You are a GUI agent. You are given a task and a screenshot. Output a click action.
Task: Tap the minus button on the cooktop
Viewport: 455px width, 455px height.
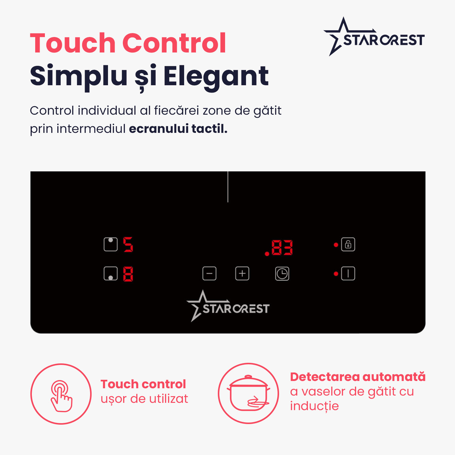click(209, 274)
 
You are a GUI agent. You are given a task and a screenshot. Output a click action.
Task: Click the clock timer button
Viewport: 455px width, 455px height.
click(282, 274)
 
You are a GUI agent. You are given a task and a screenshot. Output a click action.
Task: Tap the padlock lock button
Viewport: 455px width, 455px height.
click(348, 244)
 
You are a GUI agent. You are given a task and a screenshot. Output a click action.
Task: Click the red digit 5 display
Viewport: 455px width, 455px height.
click(128, 244)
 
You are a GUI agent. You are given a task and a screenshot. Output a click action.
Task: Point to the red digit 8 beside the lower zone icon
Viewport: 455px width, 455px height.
click(128, 274)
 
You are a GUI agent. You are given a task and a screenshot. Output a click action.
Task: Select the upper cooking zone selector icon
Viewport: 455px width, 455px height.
click(111, 244)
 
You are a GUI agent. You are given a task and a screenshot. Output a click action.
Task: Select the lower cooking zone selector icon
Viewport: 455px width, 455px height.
click(111, 274)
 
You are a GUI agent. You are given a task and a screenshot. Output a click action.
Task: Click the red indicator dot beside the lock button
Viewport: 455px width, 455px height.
click(336, 245)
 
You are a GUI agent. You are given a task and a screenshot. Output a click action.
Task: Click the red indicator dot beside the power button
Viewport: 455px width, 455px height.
click(336, 274)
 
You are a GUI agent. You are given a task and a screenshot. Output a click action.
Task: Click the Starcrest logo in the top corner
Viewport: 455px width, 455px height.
click(374, 36)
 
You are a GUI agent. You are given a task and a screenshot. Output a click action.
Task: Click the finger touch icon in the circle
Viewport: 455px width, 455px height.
click(61, 396)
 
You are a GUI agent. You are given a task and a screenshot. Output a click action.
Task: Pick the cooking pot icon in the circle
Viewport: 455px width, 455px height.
click(248, 393)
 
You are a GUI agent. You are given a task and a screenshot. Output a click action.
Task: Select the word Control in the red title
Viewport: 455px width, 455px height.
click(174, 43)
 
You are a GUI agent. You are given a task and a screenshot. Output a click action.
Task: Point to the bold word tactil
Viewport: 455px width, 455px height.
click(209, 129)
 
